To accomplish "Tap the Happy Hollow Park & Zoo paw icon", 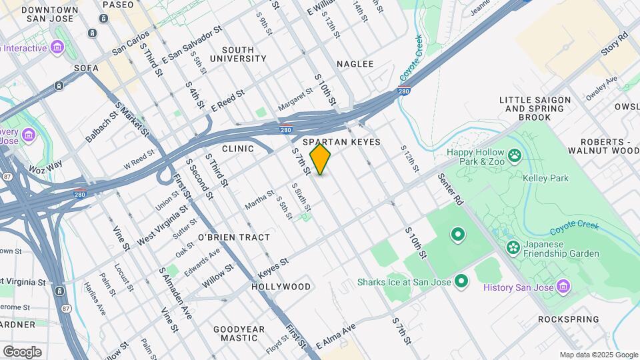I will [514, 156].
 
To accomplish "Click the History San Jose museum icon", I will [563, 287].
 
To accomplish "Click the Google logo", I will [22, 351].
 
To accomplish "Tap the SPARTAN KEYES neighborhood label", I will [341, 142].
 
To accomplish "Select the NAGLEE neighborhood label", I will [355, 64].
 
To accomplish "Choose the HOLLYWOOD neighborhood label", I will [281, 287].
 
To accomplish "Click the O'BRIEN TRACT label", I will [234, 237].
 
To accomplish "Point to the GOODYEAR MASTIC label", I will [239, 333].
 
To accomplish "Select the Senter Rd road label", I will [451, 189].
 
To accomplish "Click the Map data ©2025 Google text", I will [599, 355].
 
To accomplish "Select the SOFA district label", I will [87, 68].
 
